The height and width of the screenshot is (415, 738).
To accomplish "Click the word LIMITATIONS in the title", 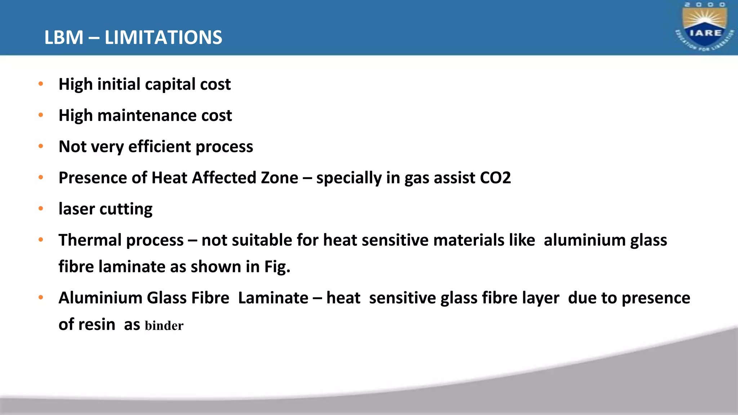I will click(163, 37).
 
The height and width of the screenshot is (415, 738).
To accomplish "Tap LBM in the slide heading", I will click(64, 37).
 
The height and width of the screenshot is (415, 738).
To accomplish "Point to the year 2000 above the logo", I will click(705, 5).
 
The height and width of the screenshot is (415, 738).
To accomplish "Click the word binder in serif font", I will click(164, 326).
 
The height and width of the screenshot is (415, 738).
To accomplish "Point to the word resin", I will click(97, 325).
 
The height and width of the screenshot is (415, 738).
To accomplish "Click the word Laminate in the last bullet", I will click(273, 298).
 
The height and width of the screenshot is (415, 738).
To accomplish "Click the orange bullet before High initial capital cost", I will click(41, 84).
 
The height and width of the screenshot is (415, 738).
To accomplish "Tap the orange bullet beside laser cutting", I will click(41, 208).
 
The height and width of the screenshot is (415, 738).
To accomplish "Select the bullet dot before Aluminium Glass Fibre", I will click(41, 298).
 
